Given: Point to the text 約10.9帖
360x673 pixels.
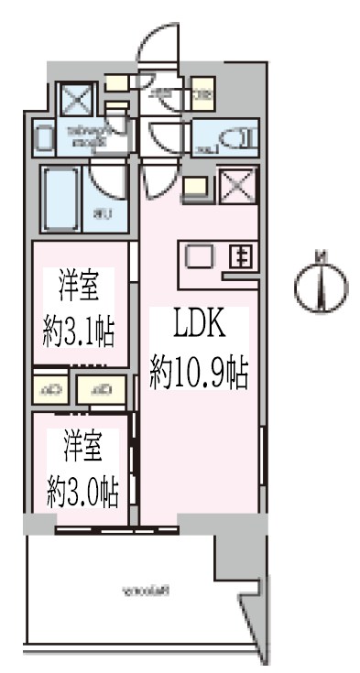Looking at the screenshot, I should pyautogui.click(x=200, y=370).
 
